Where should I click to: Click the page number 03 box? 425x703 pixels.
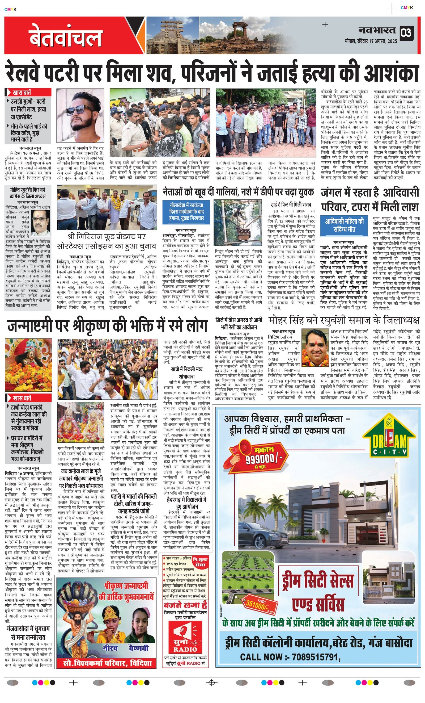tap(406, 33)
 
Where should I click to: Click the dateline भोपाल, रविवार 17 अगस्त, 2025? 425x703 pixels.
tap(370, 41)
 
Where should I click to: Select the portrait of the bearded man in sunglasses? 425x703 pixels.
tap(80, 115)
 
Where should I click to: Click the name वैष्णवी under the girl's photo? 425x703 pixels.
tap(139, 648)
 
